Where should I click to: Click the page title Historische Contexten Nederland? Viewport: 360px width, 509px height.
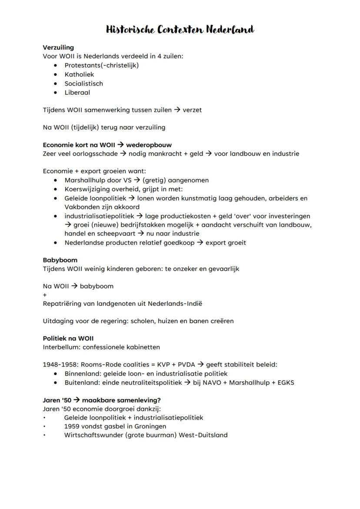coord(180,30)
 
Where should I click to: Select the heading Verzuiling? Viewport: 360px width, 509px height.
coord(58,47)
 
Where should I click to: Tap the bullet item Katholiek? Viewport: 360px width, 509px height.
coord(79,74)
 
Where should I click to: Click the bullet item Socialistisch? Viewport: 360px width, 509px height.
coord(83,83)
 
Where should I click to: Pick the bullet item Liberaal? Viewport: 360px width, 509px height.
coord(77,93)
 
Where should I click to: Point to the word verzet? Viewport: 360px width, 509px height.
coord(192,110)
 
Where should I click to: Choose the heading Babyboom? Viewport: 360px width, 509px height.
coord(60,260)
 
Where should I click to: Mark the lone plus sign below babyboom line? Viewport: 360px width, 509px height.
coord(45,295)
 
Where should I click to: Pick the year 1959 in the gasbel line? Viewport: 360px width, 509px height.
coord(72,426)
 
